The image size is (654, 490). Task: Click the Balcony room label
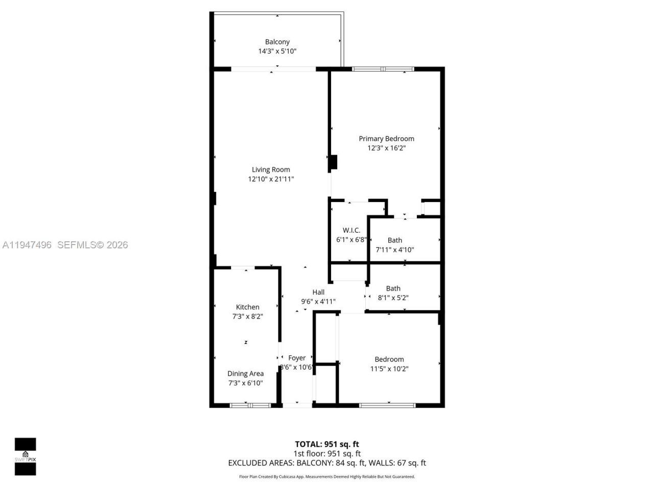(x=277, y=42)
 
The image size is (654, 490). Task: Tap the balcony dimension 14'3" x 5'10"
(x=277, y=51)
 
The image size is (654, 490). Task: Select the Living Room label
(x=271, y=169)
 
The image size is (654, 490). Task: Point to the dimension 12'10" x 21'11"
(x=271, y=179)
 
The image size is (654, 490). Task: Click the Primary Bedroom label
(x=386, y=138)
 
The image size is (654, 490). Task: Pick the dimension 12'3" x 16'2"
(x=386, y=148)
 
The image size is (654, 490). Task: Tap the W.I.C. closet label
(x=351, y=230)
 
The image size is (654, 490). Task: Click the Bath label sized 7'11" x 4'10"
(x=394, y=240)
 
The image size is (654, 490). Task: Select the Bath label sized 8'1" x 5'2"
(x=393, y=288)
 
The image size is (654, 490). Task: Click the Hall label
(x=318, y=292)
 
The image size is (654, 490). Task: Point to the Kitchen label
(x=247, y=307)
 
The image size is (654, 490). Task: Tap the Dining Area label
(x=245, y=374)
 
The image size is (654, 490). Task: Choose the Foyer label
(x=297, y=358)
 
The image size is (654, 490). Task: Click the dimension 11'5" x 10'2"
(x=389, y=369)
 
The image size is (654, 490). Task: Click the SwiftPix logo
(x=25, y=456)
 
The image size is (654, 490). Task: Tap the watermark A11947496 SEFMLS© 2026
(x=65, y=245)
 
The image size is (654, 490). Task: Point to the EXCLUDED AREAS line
(x=326, y=463)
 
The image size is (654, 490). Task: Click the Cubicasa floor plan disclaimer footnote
(x=327, y=477)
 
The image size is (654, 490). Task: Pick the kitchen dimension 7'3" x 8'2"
(x=247, y=316)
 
